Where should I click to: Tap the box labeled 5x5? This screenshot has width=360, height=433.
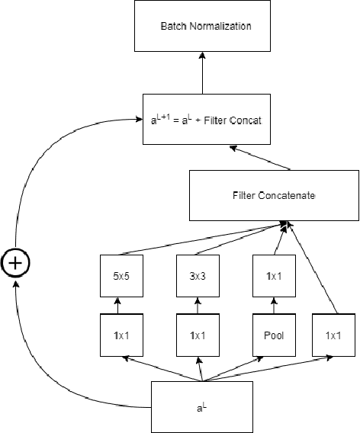(x=117, y=277)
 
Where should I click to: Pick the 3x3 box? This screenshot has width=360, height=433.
(x=198, y=277)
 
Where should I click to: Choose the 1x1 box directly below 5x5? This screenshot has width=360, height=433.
(x=117, y=334)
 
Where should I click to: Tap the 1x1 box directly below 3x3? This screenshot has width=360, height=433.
(x=198, y=334)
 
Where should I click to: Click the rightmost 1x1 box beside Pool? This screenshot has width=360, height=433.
(x=333, y=334)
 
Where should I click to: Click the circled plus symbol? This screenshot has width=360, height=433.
(x=16, y=263)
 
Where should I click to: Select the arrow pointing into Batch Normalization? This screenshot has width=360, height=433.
(x=203, y=73)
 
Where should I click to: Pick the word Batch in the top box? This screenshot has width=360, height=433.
(x=172, y=27)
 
